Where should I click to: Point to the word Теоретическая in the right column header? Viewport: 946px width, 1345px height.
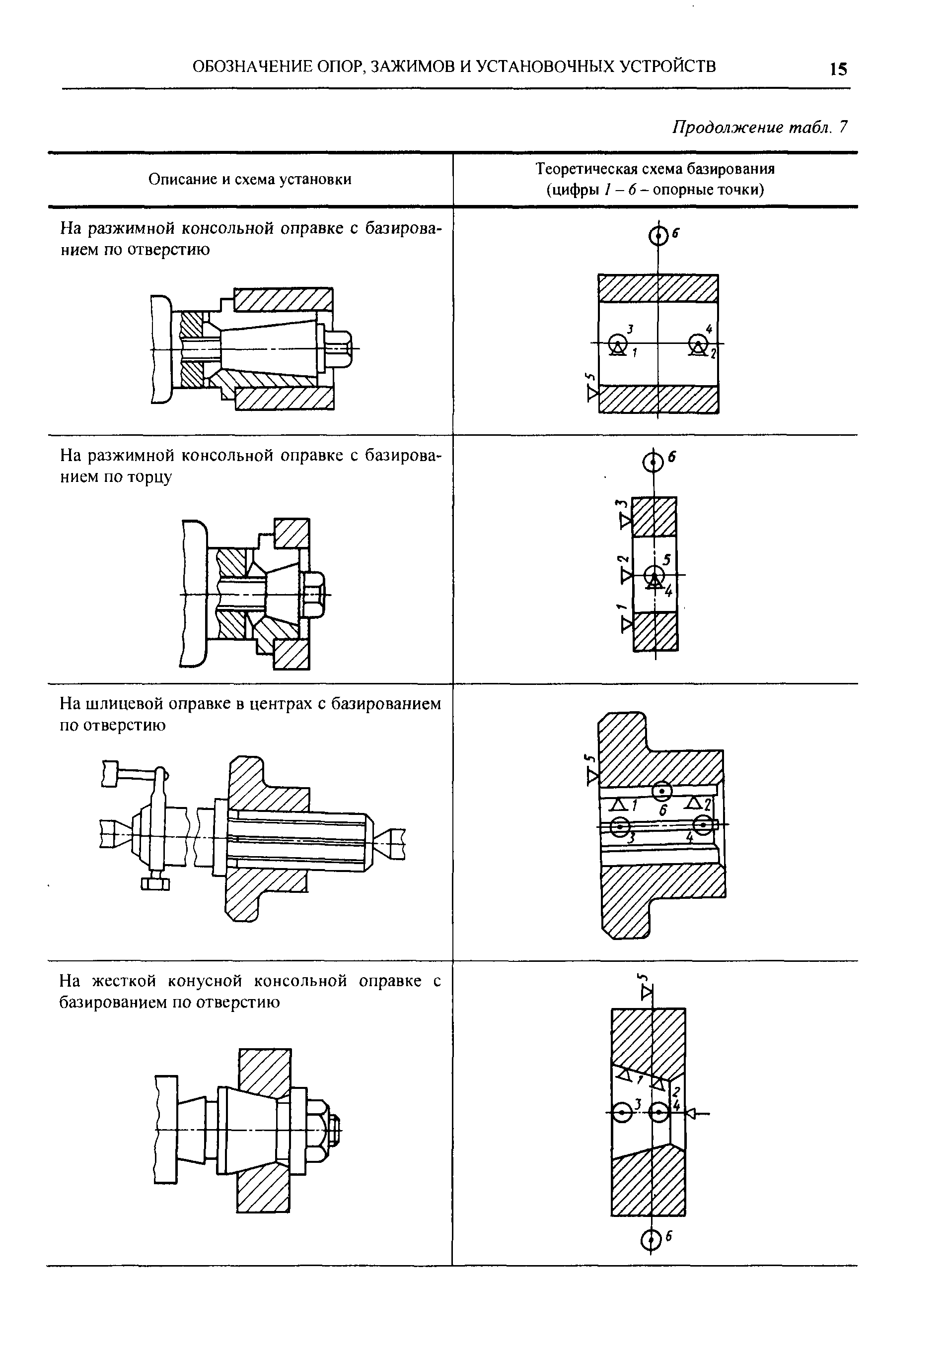pos(586,169)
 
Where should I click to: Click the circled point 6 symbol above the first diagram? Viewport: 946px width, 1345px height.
pos(659,236)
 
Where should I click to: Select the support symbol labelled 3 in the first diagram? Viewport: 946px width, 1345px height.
pos(617,344)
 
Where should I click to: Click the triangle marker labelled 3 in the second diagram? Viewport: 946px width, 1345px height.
pos(626,520)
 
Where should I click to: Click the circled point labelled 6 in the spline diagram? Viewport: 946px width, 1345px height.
pos(662,792)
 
